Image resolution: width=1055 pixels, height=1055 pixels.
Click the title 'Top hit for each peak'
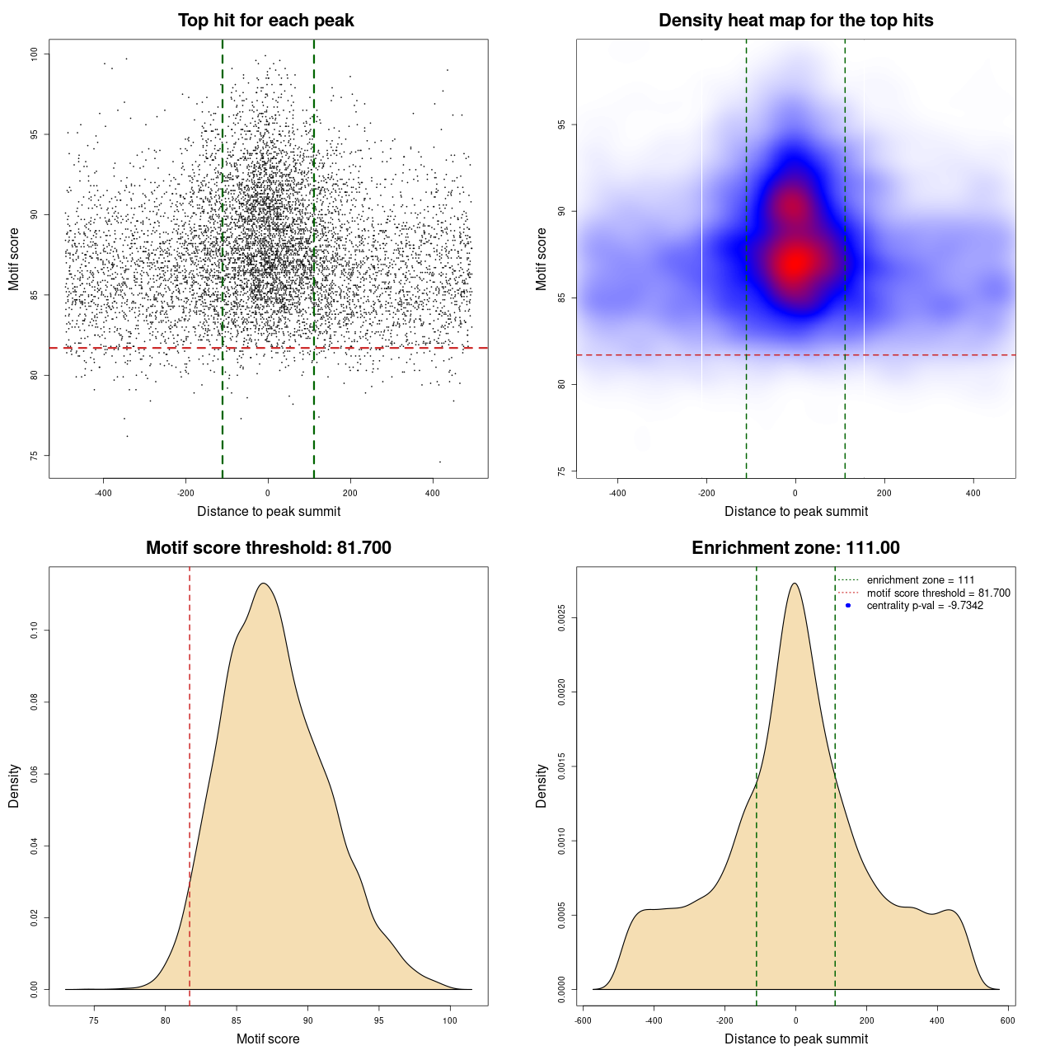click(265, 21)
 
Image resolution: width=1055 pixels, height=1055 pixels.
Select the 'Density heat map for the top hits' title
click(795, 21)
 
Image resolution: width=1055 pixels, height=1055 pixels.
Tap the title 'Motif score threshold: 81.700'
click(268, 548)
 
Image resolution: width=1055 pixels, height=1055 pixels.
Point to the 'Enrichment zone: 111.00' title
click(795, 548)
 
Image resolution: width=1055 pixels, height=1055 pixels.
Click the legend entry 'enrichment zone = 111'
click(920, 580)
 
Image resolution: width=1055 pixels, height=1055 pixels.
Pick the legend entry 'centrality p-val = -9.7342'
click(925, 606)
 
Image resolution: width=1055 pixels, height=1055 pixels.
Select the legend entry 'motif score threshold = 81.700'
click(938, 593)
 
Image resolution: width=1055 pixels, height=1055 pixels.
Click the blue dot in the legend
click(848, 606)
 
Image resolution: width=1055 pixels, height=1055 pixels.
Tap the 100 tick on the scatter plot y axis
click(34, 54)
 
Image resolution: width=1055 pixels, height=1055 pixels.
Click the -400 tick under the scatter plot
click(103, 494)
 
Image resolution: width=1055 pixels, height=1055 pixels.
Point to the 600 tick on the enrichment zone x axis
click(1007, 1021)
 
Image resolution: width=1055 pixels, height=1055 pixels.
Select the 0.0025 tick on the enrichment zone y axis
click(561, 618)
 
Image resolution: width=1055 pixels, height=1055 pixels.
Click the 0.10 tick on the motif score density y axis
click(34, 631)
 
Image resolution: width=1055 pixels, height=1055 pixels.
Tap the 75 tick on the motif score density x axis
click(94, 1021)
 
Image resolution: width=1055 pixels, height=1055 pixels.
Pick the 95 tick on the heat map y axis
click(561, 124)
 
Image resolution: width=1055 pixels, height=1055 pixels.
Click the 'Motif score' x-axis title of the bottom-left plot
click(268, 1039)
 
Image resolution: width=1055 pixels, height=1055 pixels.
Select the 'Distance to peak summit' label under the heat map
click(795, 511)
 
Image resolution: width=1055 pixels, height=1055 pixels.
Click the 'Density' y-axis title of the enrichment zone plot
click(542, 785)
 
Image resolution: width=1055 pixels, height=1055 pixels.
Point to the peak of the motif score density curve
click(263, 584)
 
